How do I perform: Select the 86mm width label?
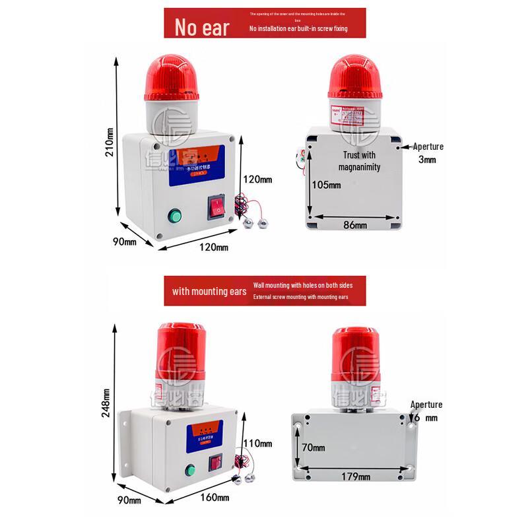point(354,226)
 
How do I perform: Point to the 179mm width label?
point(355,476)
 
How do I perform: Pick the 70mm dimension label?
point(313,447)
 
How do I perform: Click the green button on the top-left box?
point(175,215)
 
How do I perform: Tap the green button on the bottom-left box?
point(191,471)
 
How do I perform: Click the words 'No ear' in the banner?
point(201,28)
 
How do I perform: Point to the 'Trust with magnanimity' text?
point(360,161)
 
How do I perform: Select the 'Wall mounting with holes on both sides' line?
point(302,285)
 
